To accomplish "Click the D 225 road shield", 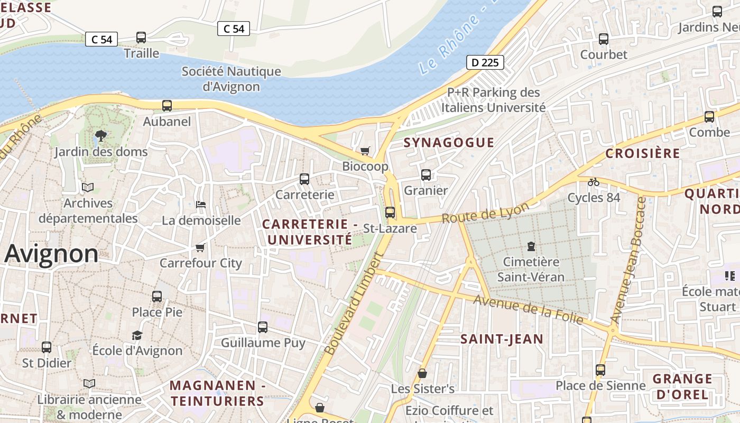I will (x=485, y=62).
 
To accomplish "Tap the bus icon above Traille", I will (x=141, y=38).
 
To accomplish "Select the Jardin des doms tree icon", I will (x=100, y=136).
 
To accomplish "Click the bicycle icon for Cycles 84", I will (x=594, y=182).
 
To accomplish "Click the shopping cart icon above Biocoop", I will (x=365, y=151).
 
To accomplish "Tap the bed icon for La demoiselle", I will (x=200, y=205).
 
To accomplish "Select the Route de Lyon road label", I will (x=485, y=213).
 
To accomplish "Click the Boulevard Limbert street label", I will (x=353, y=303).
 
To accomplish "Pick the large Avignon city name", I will (x=52, y=254).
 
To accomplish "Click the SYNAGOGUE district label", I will (x=449, y=142).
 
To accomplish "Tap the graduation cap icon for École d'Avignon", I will (x=137, y=335).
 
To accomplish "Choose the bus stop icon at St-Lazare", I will (x=390, y=213).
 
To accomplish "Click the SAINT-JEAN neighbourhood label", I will (x=502, y=339).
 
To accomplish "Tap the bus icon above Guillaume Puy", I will (x=263, y=327).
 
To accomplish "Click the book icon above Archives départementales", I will (x=88, y=188).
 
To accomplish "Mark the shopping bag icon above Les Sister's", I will (x=422, y=373).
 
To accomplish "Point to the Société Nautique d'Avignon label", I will (x=232, y=79).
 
